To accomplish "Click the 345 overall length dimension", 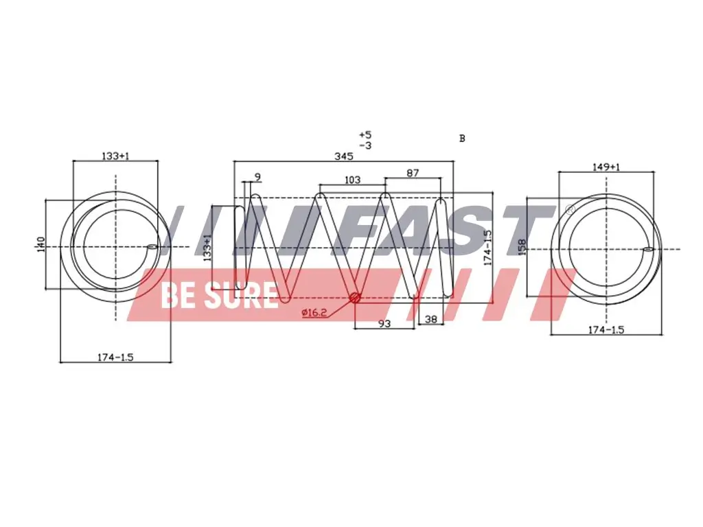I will [343, 156].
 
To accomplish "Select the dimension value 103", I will [352, 180].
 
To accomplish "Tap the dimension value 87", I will [412, 173].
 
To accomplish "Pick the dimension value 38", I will [431, 319].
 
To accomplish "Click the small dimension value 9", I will [257, 178].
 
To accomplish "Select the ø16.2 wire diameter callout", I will [314, 313].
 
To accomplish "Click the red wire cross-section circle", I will [355, 298].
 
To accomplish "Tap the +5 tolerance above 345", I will [365, 134].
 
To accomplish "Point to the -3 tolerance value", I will [365, 145].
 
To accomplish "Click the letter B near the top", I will [462, 138].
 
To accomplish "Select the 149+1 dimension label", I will [606, 166].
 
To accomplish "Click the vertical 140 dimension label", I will [40, 244].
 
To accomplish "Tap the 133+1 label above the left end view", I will [115, 156].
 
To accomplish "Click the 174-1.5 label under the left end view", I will [115, 357].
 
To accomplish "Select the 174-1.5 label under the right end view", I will [606, 330].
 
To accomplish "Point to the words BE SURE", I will [218, 295].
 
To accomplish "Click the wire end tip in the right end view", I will [647, 250].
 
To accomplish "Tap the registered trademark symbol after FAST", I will [569, 208].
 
